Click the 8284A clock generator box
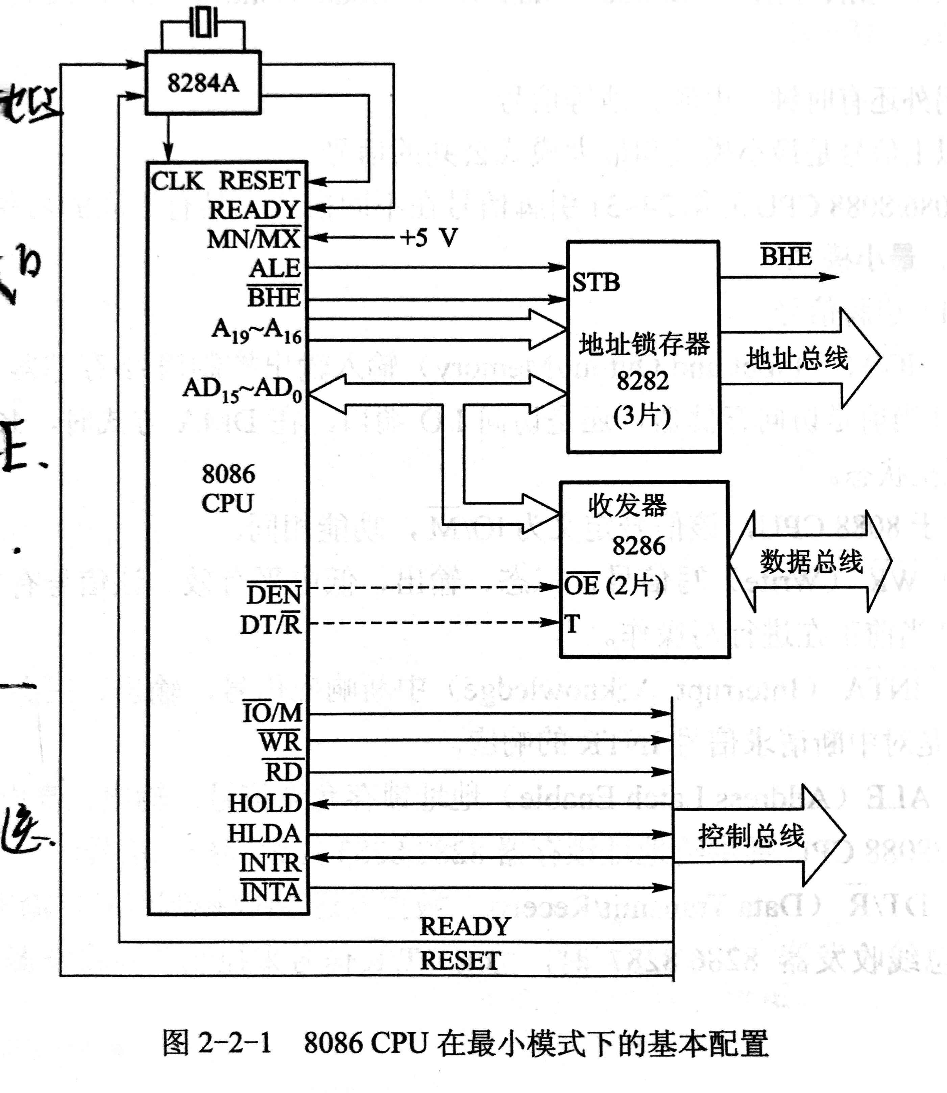(x=203, y=83)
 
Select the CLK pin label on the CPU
(x=176, y=181)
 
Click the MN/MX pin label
(x=254, y=239)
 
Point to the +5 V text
(x=429, y=238)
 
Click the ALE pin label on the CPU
(x=275, y=268)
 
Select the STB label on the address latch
(x=596, y=282)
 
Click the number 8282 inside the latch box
(x=642, y=381)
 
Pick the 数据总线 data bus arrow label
(x=811, y=561)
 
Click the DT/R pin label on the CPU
(x=271, y=625)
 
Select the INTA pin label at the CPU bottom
(x=271, y=893)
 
